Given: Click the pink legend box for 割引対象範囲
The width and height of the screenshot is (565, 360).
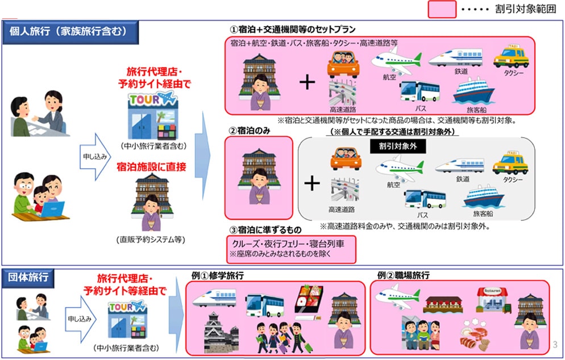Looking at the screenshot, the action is coord(442,9).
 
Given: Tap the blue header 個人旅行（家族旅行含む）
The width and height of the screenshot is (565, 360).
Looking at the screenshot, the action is coord(70,32).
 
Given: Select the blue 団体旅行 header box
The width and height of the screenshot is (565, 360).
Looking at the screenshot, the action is coord(28,278).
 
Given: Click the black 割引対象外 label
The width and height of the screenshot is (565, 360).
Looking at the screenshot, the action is coord(398,146).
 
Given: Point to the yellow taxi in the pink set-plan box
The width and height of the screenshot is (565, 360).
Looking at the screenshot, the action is coord(511,56).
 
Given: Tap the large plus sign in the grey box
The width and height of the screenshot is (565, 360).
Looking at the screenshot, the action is coord(312,184).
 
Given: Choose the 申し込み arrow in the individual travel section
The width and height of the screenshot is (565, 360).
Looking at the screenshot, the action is coord(94,157).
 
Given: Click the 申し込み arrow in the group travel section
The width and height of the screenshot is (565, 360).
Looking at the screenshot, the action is coord(80,319).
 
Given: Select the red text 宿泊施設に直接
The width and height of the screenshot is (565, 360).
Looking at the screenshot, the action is coord(152,167).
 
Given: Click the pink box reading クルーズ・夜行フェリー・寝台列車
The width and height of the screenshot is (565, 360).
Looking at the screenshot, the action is coord(291,249).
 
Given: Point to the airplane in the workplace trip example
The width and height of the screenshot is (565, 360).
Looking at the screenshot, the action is coord(398,297).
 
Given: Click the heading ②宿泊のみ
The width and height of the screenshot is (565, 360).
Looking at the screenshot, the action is coord(250,130).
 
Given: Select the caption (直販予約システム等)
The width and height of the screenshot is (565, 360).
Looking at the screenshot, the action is coord(151,239).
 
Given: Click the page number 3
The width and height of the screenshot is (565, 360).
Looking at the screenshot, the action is coord(555,345).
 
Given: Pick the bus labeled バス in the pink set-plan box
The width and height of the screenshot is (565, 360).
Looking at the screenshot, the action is coord(419,92).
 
